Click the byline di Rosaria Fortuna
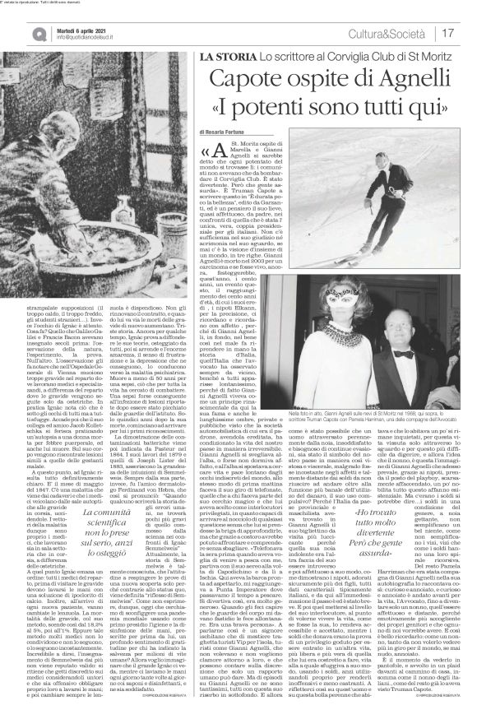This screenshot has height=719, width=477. coord(227,132)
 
